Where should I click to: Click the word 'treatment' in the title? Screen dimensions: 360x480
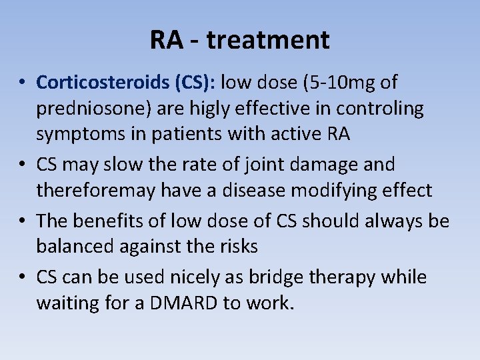click(268, 41)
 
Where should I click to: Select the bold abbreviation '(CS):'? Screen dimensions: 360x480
click(194, 82)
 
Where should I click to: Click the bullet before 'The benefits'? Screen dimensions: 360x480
click(23, 221)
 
